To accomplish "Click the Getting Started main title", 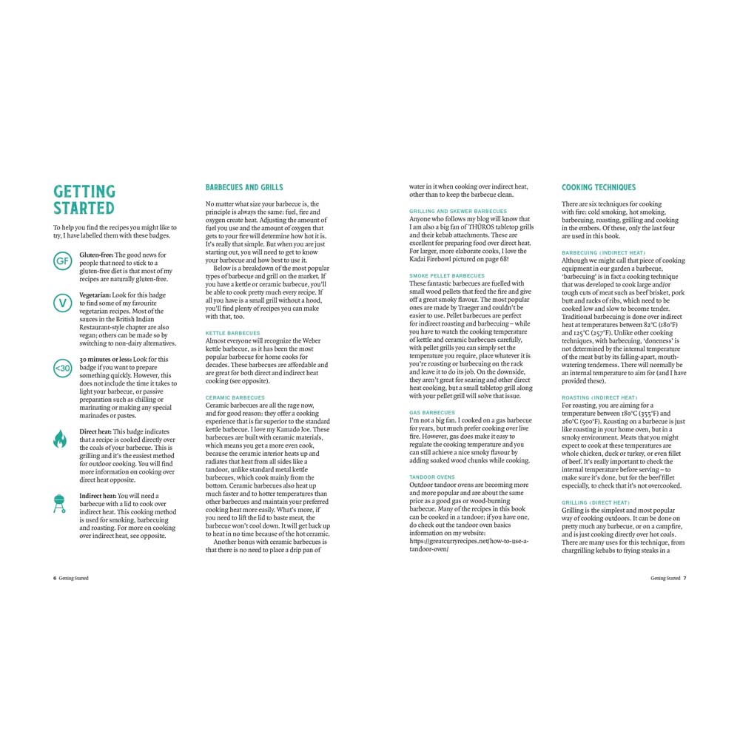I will point(84,200).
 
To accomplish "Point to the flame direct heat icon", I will point(61,439).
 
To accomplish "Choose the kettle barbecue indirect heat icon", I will point(61,503).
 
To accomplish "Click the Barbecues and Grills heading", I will point(244,187).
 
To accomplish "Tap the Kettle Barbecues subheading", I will point(232,333).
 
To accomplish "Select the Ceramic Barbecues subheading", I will point(235,397).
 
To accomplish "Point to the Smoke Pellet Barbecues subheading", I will point(447,276).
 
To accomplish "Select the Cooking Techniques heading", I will point(599,187).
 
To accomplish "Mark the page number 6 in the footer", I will point(55,578).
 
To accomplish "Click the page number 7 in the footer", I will point(685,578).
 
